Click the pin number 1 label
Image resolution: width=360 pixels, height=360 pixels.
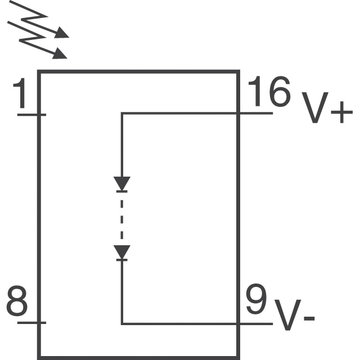click(x=22, y=94)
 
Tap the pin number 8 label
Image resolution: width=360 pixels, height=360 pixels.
click(x=17, y=302)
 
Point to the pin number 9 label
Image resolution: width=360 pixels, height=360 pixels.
click(x=256, y=301)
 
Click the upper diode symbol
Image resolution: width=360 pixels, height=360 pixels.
click(x=122, y=184)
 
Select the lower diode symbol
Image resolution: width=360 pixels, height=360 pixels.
click(x=122, y=253)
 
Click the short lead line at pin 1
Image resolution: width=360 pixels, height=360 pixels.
click(x=31, y=115)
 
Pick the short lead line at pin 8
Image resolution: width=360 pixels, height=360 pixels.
click(x=31, y=323)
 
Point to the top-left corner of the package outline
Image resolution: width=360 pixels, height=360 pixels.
click(x=39, y=71)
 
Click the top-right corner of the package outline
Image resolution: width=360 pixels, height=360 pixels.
click(x=238, y=71)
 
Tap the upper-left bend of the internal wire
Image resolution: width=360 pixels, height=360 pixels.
click(x=122, y=113)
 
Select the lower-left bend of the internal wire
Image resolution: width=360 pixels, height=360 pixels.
click(x=122, y=323)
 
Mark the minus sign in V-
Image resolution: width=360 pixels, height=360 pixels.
click(x=308, y=319)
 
